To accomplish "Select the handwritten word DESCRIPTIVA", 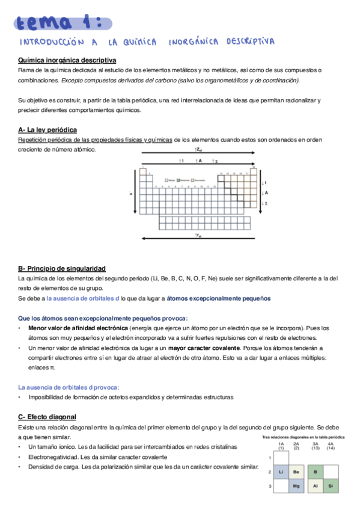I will click(251, 43).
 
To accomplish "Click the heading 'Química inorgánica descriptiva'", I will click(67, 61).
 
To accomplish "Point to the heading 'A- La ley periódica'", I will click(47, 130).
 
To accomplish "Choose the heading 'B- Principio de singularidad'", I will click(62, 268).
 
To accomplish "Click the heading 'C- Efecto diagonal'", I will click(47, 417).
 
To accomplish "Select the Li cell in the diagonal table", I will click(281, 472).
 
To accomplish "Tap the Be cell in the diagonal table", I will click(297, 472).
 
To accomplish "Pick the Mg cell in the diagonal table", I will click(297, 485).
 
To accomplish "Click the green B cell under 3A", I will click(315, 472).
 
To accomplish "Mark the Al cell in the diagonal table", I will click(315, 485).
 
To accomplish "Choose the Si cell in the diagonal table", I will click(331, 485).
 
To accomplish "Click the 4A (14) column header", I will click(331, 446).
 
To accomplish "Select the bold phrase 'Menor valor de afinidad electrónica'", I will click(78, 328).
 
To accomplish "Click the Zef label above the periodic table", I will click(198, 149).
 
